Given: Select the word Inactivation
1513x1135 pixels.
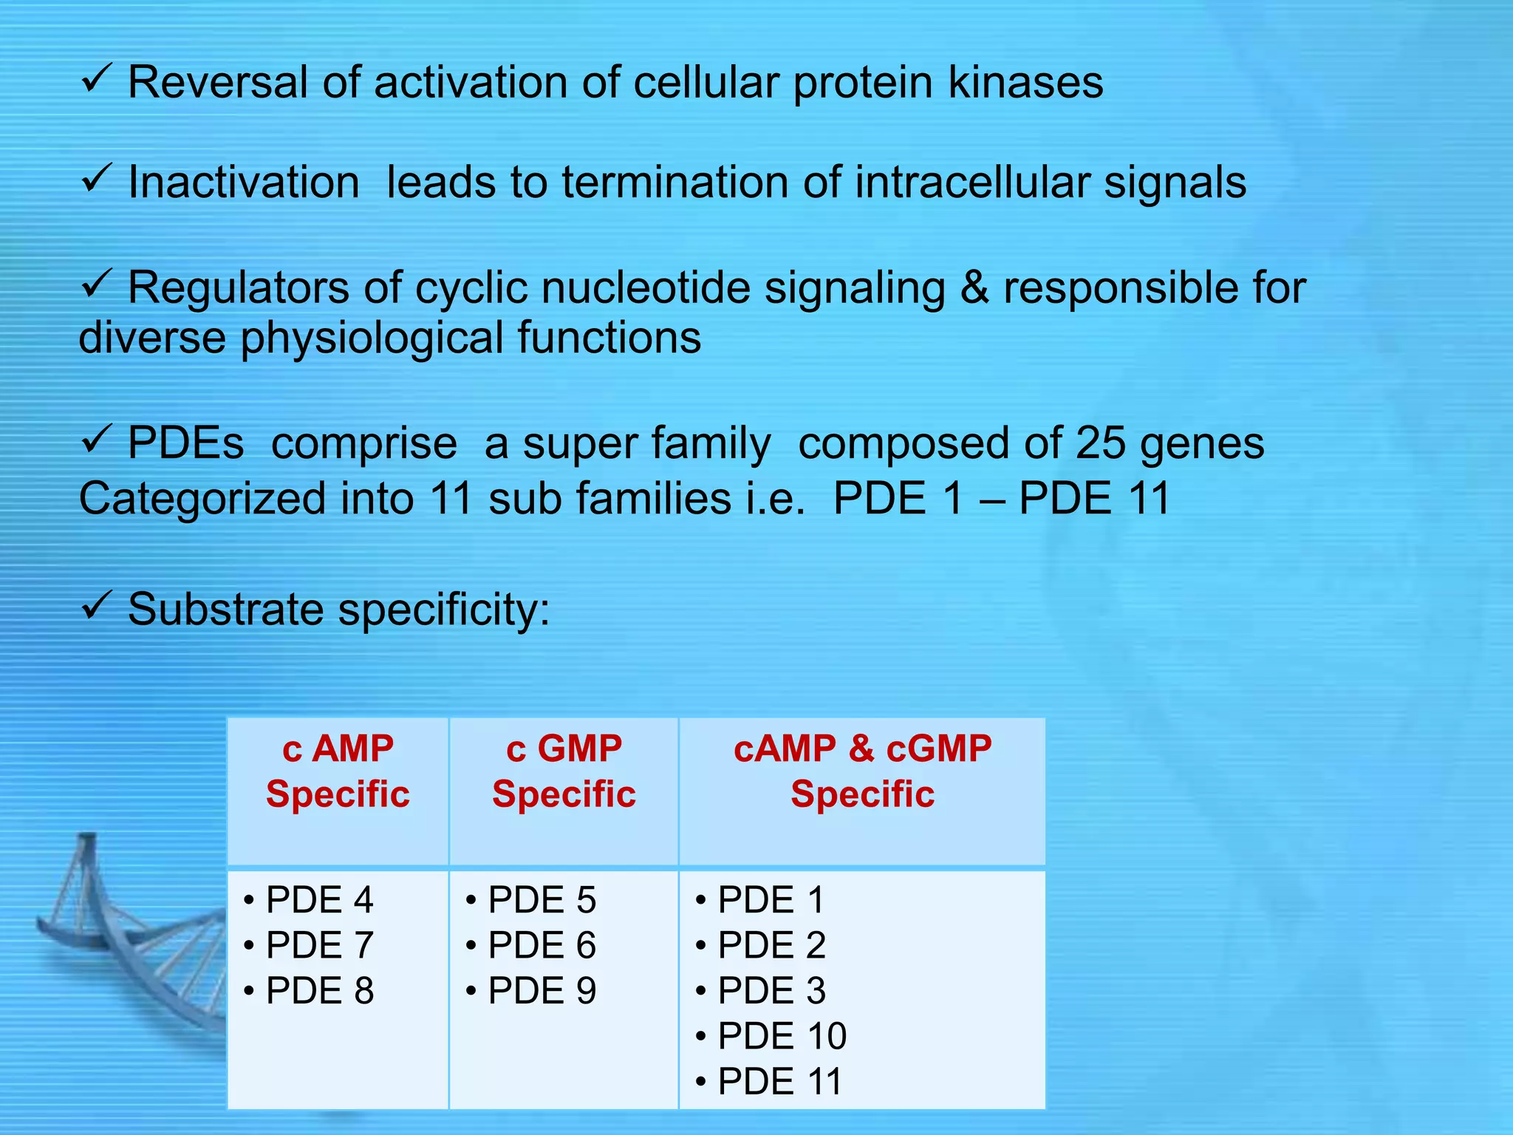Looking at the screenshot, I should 244,183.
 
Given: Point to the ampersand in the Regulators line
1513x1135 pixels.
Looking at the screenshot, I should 974,287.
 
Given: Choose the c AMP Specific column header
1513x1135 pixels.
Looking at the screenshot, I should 338,771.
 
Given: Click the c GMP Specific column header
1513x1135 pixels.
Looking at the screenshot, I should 564,771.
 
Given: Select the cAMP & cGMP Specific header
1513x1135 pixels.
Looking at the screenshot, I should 862,771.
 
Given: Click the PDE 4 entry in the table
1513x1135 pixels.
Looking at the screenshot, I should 319,900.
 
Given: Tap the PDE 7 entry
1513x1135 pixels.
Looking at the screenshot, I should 319,946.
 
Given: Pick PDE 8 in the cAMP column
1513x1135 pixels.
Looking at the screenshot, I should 319,991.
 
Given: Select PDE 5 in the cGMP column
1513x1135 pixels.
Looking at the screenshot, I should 542,900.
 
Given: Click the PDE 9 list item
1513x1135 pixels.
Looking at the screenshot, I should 542,991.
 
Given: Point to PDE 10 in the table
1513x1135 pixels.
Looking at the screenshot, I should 782,1036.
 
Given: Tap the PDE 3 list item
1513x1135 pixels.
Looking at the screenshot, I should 771,991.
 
